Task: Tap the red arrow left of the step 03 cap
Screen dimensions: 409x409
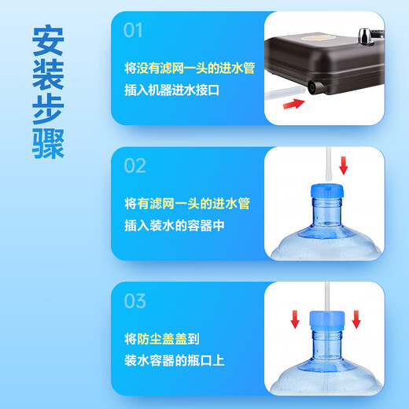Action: [x=294, y=319]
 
